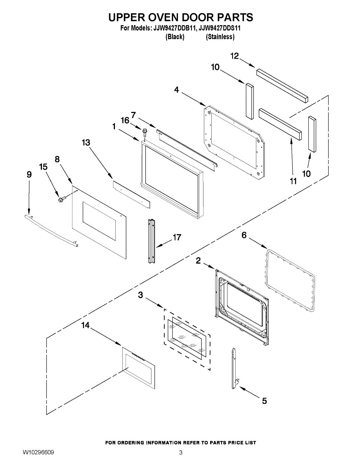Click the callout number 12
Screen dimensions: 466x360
click(234, 56)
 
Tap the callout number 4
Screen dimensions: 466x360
click(176, 90)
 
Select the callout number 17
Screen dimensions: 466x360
click(177, 237)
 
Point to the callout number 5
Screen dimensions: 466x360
click(264, 401)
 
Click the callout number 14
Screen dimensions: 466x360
click(85, 326)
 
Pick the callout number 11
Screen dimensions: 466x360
click(293, 181)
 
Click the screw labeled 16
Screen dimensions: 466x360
click(145, 132)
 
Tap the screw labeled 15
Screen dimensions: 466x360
click(61, 200)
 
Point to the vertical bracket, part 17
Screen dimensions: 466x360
click(151, 241)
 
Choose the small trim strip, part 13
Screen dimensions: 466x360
click(131, 191)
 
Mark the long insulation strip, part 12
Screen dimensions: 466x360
click(282, 84)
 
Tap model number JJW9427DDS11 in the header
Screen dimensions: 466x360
click(220, 28)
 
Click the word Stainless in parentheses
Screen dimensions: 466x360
click(220, 37)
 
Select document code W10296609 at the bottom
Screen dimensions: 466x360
click(38, 453)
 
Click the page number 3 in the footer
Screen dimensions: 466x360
click(181, 453)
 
